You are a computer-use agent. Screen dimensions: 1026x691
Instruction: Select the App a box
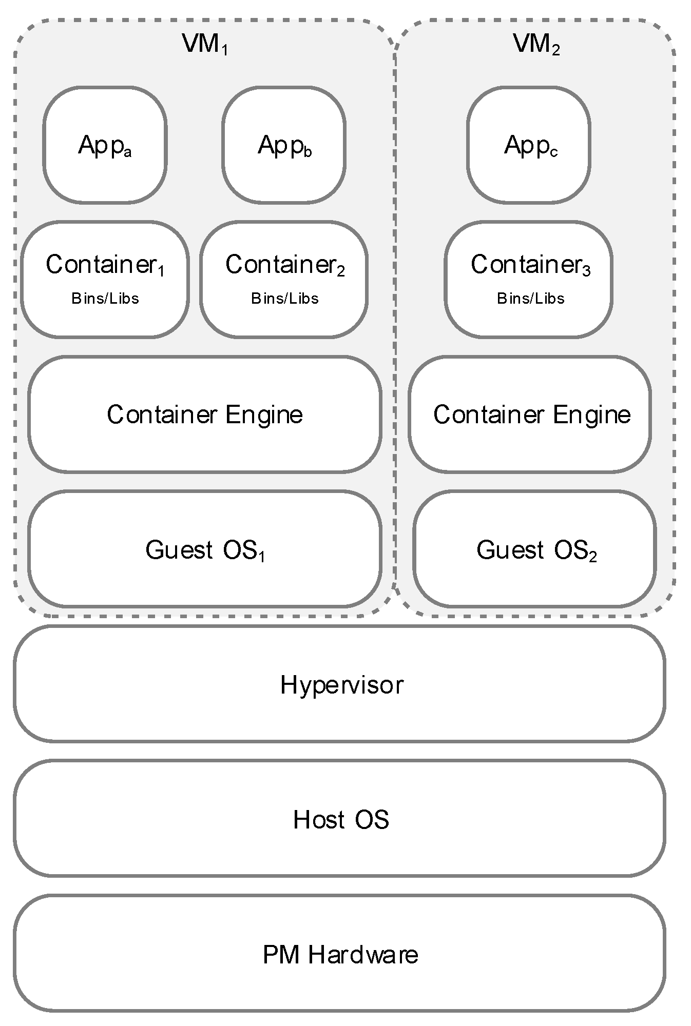point(105,145)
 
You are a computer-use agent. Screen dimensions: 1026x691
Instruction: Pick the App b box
point(284,145)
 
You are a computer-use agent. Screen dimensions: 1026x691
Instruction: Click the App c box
point(529,145)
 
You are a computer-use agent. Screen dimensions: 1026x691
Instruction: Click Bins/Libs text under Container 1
point(105,299)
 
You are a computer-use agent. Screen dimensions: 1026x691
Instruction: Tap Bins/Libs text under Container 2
point(285,299)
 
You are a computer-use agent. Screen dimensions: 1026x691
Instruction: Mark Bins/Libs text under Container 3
point(531,299)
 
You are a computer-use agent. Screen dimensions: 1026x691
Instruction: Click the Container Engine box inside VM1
point(204,415)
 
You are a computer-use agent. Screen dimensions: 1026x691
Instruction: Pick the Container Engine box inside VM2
point(531,415)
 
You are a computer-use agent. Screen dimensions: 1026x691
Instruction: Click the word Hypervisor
point(342,685)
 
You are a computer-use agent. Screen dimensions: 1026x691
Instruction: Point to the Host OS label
point(341,819)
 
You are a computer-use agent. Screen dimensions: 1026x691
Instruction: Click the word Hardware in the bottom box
point(363,955)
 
